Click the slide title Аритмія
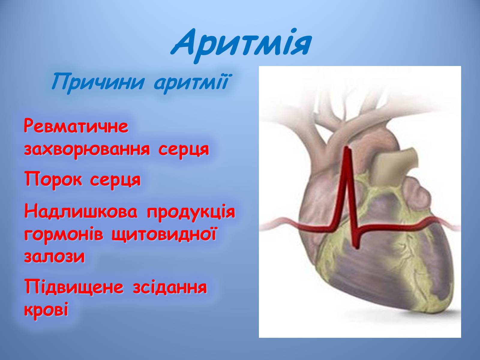[241, 46]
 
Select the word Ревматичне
[76, 126]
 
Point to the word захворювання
[87, 150]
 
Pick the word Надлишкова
[81, 211]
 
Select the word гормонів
[63, 235]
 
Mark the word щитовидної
[164, 234]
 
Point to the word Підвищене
[74, 286]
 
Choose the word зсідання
[170, 287]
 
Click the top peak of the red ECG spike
[347, 148]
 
